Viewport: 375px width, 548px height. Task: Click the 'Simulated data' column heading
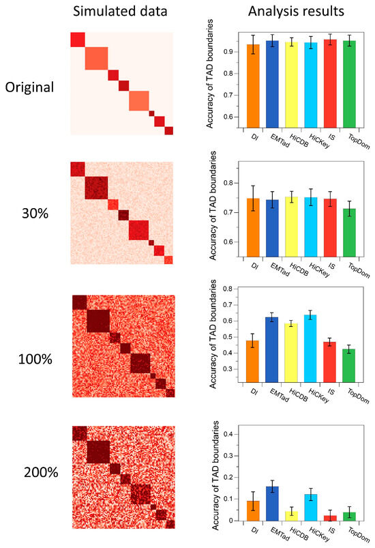(x=121, y=12)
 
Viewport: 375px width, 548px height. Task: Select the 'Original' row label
(x=31, y=88)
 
